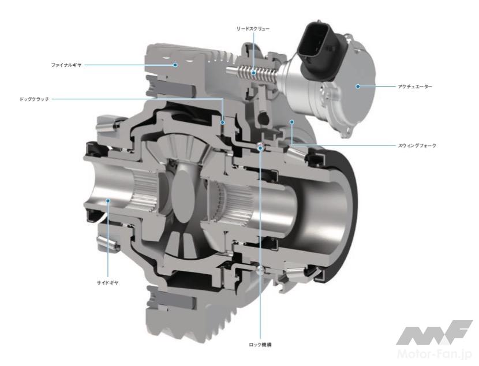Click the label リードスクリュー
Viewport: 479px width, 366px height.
click(253, 29)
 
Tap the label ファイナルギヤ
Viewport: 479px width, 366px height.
click(66, 65)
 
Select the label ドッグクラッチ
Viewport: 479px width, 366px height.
click(34, 99)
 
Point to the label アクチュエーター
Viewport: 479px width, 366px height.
click(415, 87)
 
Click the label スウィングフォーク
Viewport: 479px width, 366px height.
click(417, 145)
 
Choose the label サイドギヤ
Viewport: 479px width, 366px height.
click(107, 283)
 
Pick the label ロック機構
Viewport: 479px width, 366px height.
click(260, 345)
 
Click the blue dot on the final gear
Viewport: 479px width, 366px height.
click(175, 65)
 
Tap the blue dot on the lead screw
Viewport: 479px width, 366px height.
click(253, 73)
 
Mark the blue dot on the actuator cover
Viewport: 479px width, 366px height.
click(358, 86)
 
